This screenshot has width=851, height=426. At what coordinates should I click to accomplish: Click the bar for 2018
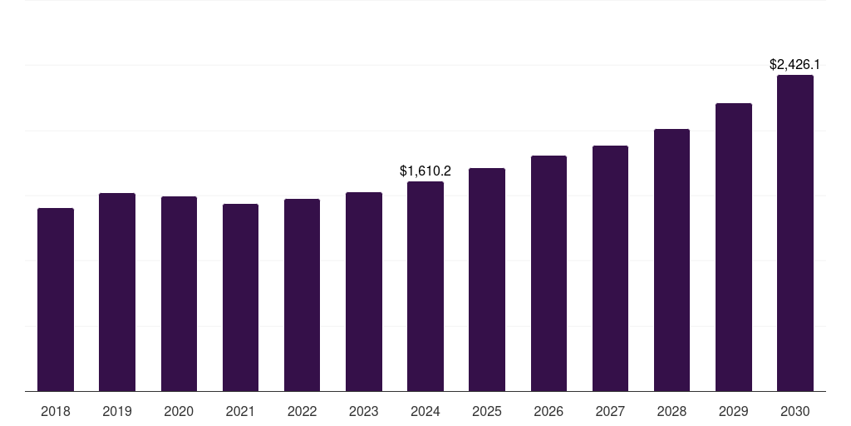click(x=56, y=300)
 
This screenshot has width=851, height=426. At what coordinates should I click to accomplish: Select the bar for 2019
click(x=117, y=292)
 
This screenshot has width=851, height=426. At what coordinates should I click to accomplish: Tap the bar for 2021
click(x=240, y=297)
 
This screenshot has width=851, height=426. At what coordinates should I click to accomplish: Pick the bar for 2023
click(x=364, y=291)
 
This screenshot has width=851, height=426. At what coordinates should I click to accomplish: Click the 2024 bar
click(x=425, y=286)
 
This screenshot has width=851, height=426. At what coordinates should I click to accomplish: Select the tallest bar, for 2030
click(x=795, y=233)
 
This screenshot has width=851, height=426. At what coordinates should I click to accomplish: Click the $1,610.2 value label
click(x=425, y=171)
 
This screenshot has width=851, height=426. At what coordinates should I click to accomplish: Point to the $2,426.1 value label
click(x=795, y=64)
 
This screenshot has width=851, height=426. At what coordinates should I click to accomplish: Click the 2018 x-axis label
click(x=56, y=411)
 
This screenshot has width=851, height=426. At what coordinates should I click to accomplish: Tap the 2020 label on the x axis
click(x=179, y=411)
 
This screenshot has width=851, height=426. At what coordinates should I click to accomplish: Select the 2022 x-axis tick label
click(x=302, y=411)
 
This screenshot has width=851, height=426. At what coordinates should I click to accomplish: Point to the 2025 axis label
click(x=487, y=411)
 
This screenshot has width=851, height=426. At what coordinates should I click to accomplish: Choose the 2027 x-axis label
click(x=610, y=411)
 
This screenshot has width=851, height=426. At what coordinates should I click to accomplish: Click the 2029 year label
click(x=733, y=411)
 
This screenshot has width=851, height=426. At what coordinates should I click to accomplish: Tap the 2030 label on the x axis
click(x=795, y=411)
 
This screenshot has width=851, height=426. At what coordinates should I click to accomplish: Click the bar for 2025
click(x=487, y=280)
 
